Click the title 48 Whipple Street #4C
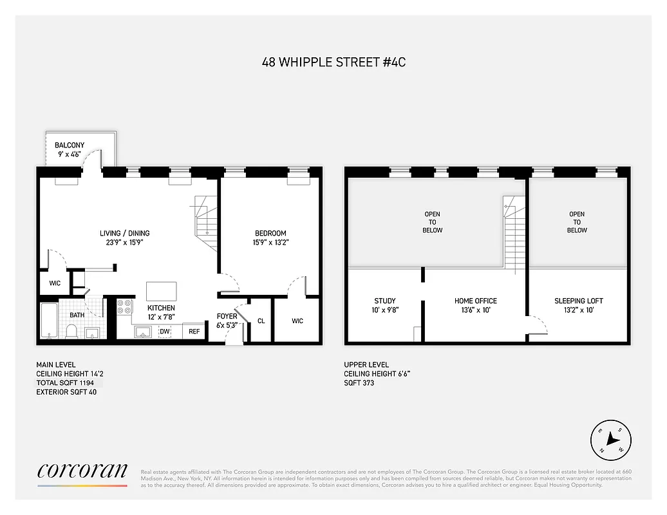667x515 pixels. (333, 62)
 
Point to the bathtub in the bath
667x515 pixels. (49, 320)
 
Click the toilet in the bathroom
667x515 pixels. (72, 331)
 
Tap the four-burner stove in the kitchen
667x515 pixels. (124, 307)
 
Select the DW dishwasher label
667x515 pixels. (164, 332)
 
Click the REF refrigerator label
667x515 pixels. (194, 332)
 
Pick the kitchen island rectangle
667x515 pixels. (161, 290)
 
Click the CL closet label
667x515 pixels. (261, 321)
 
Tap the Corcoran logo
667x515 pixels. (82, 471)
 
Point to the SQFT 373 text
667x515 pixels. (359, 383)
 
